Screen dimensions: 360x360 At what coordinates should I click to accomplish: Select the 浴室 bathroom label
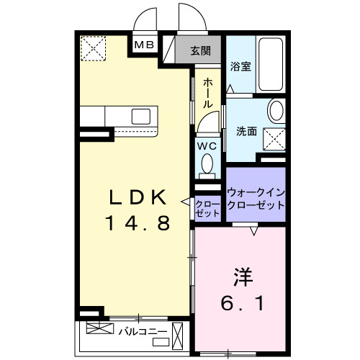coord(240,66)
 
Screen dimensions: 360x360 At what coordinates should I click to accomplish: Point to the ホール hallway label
coord(208,93)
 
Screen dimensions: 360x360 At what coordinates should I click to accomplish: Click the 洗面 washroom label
coord(247,131)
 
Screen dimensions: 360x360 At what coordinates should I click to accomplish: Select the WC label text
coord(207,145)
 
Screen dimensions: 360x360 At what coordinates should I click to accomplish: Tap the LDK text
coord(139,196)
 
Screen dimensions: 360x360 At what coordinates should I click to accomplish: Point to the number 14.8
coord(139,224)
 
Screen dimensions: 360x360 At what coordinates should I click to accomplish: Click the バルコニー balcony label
coord(143,333)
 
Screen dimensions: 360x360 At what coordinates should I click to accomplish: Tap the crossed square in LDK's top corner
coord(93,48)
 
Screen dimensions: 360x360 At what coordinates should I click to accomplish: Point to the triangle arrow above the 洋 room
coord(253,231)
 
